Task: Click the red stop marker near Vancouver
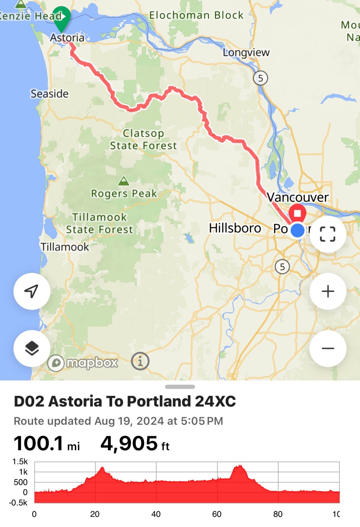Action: point(297,213)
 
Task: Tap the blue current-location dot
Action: point(298,230)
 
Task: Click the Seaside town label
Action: point(50,94)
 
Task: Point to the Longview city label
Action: point(246,52)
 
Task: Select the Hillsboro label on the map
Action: point(235,228)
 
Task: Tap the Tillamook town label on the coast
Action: point(65,247)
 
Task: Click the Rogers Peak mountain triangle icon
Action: point(123,181)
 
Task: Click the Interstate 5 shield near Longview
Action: point(261,78)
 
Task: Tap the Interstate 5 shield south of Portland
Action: point(282,267)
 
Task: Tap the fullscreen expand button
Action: point(328,234)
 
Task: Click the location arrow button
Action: point(32,291)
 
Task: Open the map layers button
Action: point(32,348)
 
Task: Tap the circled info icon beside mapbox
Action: point(140,361)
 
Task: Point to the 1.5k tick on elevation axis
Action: point(20,462)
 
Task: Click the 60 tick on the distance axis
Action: point(217,514)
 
